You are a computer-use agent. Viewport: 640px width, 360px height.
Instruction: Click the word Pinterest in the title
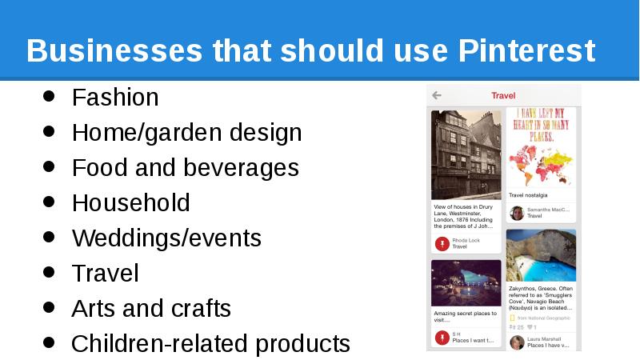(x=527, y=51)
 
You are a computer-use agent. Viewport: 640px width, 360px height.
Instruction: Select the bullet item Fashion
(x=115, y=98)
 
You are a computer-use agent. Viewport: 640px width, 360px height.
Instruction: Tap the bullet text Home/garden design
(x=186, y=133)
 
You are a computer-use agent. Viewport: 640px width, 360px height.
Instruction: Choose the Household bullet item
(x=130, y=203)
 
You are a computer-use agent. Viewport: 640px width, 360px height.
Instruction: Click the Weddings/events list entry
(x=166, y=238)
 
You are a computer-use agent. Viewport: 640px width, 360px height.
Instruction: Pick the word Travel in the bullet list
(x=105, y=274)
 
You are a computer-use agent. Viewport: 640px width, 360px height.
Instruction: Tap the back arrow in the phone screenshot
(x=437, y=95)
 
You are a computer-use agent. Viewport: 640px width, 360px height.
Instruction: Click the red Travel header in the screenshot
(x=503, y=96)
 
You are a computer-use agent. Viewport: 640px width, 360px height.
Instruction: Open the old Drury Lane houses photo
(x=466, y=154)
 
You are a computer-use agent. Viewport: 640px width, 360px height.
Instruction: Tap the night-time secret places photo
(x=466, y=282)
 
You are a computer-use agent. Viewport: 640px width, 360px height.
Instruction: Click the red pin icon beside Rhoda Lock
(x=441, y=243)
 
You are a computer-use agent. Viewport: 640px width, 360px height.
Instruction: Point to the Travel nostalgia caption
(x=529, y=195)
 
